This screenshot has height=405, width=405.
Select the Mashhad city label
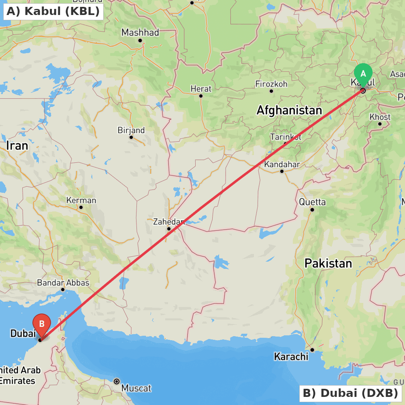click(140, 32)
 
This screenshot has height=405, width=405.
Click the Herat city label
click(201, 89)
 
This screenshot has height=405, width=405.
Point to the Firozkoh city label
click(271, 84)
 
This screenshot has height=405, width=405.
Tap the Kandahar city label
click(282, 164)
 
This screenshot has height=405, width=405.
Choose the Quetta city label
click(312, 202)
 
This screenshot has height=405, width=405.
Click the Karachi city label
click(291, 357)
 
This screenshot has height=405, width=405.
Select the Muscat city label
click(136, 388)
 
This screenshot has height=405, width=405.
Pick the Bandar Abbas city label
click(63, 283)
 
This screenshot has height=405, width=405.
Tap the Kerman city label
click(81, 200)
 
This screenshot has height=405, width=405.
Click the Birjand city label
click(131, 130)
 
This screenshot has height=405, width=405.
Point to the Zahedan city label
click(169, 222)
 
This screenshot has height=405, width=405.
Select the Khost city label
click(380, 117)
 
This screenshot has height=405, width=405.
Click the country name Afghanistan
click(289, 110)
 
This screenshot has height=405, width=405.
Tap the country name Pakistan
click(328, 264)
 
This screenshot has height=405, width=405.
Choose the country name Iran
click(17, 146)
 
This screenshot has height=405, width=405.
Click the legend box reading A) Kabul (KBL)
click(53, 11)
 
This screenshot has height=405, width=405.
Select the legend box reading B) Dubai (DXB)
click(350, 393)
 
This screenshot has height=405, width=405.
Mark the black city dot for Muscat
click(117, 381)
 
